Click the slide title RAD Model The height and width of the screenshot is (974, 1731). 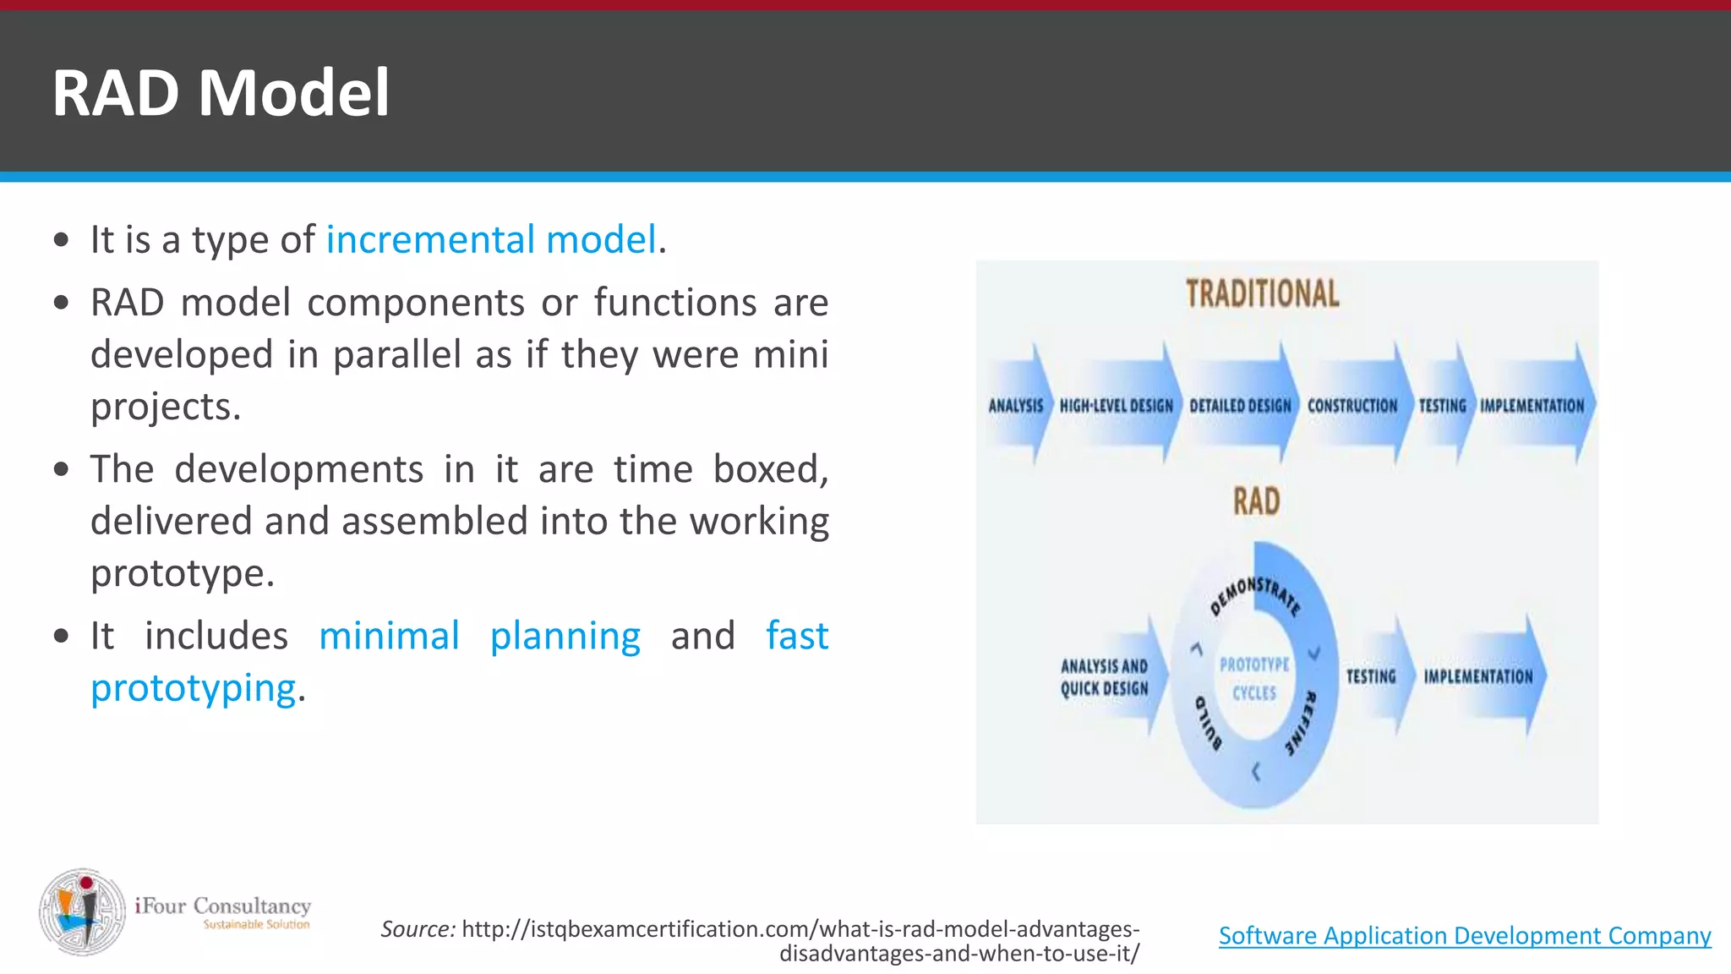pos(221,92)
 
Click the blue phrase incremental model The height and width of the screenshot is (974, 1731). pos(490,240)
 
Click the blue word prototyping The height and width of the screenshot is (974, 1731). pos(193,688)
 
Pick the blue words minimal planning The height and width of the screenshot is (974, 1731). pos(479,636)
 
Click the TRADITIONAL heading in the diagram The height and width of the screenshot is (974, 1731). pos(1262,294)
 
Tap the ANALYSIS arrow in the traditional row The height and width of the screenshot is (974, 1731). pos(1017,406)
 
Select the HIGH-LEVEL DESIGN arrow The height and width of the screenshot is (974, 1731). pos(1116,406)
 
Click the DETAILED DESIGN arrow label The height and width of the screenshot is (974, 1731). pos(1240,406)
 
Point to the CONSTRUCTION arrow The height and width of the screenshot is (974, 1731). pos(1352,406)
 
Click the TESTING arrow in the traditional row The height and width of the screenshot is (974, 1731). pos(1442,406)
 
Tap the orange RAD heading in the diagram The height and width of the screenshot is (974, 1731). pos(1256,501)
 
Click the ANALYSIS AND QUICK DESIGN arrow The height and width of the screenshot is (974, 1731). pos(1106,677)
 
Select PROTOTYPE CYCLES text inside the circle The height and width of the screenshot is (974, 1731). pos(1254,678)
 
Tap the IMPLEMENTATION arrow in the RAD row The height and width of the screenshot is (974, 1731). pos(1478,676)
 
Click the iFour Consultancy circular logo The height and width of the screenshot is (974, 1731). pos(82,911)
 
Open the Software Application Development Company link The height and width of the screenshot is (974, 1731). pos(1464,935)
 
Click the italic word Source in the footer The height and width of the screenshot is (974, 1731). pos(418,929)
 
